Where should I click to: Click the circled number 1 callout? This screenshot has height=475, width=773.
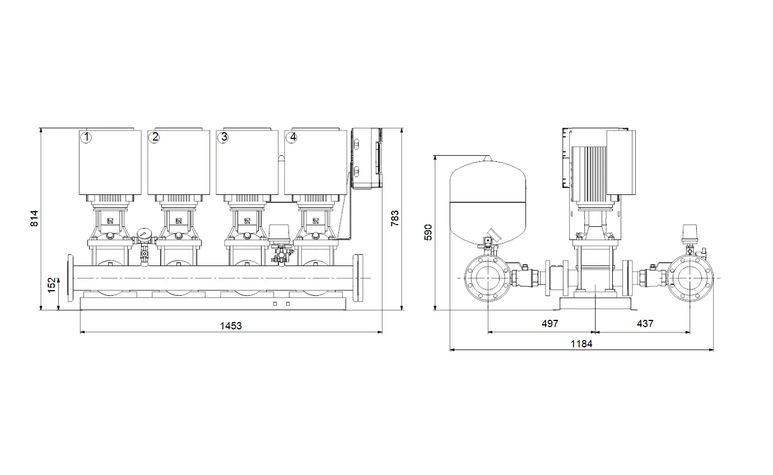(86, 137)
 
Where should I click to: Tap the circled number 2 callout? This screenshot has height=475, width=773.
(154, 137)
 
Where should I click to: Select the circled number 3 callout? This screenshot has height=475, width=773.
(223, 137)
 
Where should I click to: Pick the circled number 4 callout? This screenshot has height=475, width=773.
(292, 137)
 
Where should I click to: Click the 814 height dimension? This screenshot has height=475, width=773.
(35, 218)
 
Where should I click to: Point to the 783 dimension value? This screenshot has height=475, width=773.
(394, 218)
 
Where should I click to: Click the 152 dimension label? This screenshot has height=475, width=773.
(52, 285)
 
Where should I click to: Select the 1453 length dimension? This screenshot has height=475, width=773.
(231, 325)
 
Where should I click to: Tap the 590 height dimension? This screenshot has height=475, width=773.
(428, 232)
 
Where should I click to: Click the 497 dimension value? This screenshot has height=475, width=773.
(550, 323)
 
